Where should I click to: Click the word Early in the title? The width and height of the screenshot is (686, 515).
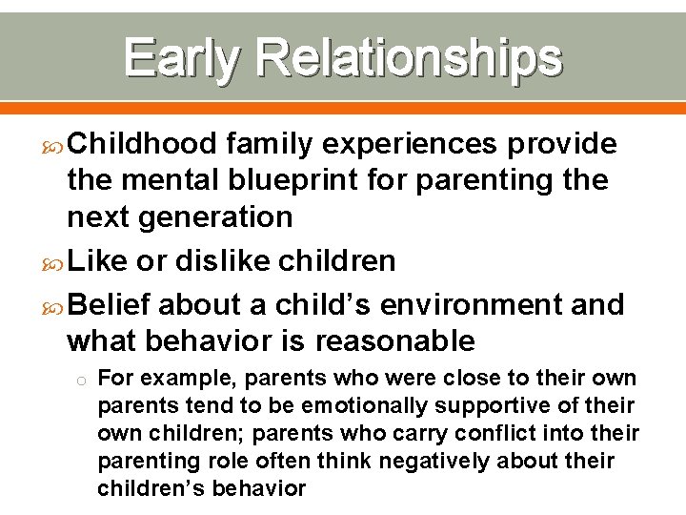point(180,58)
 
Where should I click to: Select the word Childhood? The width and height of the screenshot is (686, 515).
point(143,143)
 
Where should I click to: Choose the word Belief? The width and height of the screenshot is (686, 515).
point(111,304)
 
